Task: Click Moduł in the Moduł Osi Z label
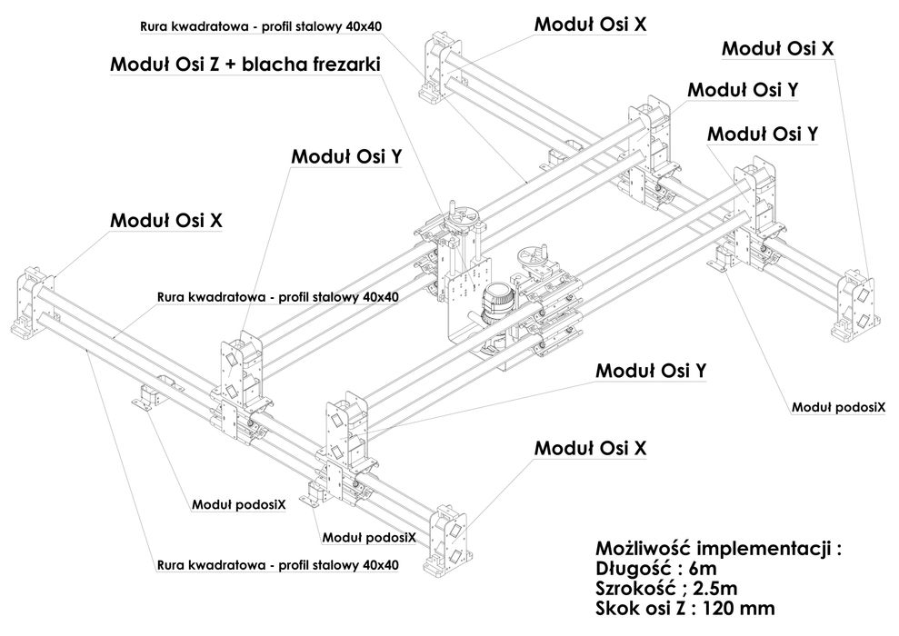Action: [140, 65]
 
